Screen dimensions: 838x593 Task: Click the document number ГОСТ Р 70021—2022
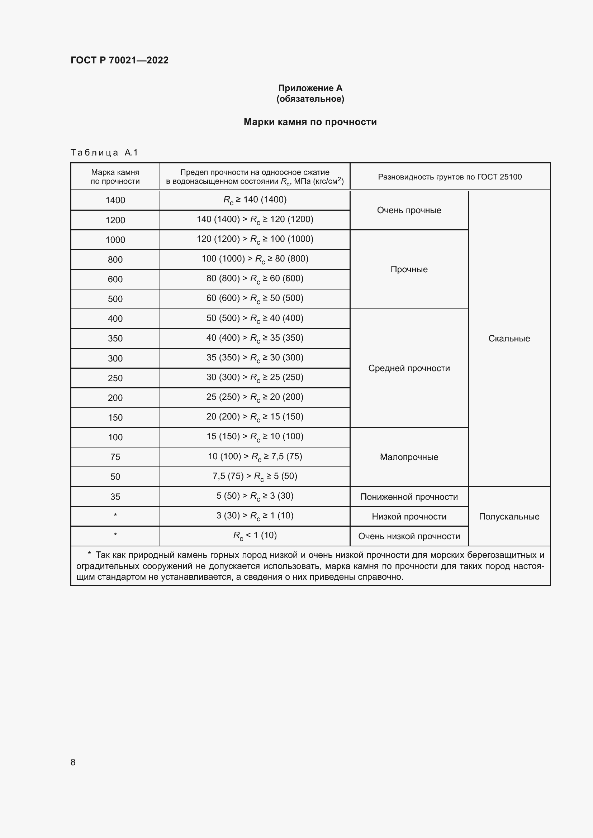(119, 60)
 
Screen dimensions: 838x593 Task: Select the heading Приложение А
(310, 88)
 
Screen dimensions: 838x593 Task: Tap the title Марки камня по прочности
(310, 122)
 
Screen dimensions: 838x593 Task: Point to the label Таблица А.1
(104, 153)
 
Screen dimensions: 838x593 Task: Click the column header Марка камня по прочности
(115, 177)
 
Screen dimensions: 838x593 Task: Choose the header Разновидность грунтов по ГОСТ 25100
(450, 177)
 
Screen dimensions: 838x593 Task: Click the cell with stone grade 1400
(115, 200)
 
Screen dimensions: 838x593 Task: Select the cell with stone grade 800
(115, 259)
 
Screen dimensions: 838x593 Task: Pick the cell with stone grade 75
(115, 457)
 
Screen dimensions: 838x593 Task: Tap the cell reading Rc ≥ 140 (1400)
(255, 200)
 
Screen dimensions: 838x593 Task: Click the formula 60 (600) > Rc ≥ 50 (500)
(255, 298)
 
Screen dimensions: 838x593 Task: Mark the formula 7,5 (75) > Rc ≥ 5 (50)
(255, 476)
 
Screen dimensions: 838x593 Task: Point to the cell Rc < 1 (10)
(255, 535)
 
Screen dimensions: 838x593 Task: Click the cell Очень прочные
(409, 210)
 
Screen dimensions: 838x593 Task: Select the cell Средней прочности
(409, 368)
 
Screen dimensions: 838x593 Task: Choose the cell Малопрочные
(409, 457)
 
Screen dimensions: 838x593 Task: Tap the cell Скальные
(509, 338)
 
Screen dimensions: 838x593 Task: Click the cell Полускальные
(509, 517)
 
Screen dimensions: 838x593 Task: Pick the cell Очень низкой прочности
(409, 536)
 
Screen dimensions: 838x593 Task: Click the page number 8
(73, 762)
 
